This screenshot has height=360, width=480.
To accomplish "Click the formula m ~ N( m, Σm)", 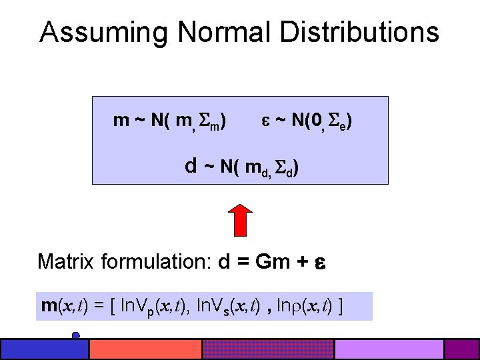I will (x=169, y=121).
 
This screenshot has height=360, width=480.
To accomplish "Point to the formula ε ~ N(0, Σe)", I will (x=307, y=121).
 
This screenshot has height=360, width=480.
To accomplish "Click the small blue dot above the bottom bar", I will (x=76, y=335).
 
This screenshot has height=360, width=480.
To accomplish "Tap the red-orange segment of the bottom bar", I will (x=145, y=349).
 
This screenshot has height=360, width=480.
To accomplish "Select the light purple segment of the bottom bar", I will (x=389, y=349).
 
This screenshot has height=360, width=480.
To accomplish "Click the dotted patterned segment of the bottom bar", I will (x=267, y=349).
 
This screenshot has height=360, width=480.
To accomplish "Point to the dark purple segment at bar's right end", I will (x=462, y=349).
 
